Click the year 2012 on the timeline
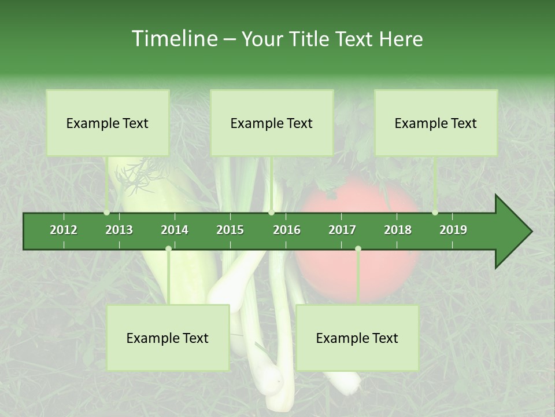[64, 230]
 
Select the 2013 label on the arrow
[119, 230]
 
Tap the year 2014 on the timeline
[175, 230]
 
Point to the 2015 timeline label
[230, 230]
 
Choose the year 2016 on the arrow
[287, 230]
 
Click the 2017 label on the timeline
[342, 230]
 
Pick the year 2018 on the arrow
[398, 230]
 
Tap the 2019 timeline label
[453, 230]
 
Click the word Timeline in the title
[174, 39]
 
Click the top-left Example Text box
[108, 123]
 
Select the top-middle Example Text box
[272, 123]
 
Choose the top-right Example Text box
[436, 123]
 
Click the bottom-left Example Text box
[168, 338]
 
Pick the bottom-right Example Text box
[357, 338]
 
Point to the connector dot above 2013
[107, 213]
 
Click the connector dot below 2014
[168, 248]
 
